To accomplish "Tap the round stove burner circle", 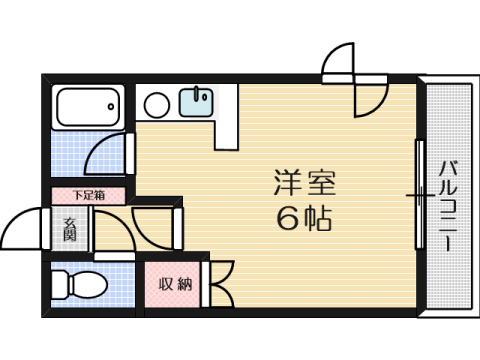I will click(156, 104).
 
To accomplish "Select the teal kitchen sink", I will click(195, 101).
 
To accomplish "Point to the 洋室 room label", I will click(298, 183).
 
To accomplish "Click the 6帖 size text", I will click(298, 218).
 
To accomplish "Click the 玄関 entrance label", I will click(70, 230).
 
